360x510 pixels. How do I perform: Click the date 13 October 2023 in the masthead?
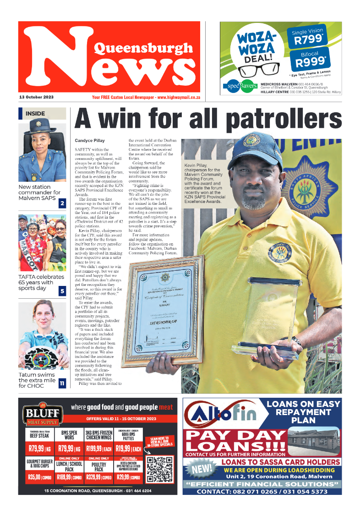(36, 98)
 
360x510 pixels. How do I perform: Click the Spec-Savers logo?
(240, 86)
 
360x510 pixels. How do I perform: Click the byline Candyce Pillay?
(89, 140)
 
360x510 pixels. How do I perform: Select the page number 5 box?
(62, 291)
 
